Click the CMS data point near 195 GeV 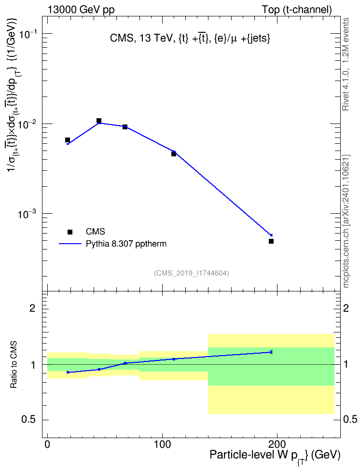click(x=271, y=241)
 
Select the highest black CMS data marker click(x=99, y=121)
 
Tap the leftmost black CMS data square click(x=68, y=140)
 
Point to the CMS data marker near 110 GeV click(x=174, y=154)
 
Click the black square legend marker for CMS click(x=70, y=232)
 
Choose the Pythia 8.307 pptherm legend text click(x=126, y=244)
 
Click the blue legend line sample click(x=70, y=244)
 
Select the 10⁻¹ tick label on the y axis click(x=27, y=34)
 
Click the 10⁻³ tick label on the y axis click(x=27, y=214)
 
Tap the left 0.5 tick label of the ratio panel click(x=28, y=420)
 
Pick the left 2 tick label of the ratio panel click(x=32, y=308)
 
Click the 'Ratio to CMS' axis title click(x=14, y=365)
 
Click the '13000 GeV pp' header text click(x=81, y=10)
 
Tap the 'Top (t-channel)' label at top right click(x=297, y=10)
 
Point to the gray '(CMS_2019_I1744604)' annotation click(x=192, y=273)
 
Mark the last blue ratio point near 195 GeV click(x=271, y=352)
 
